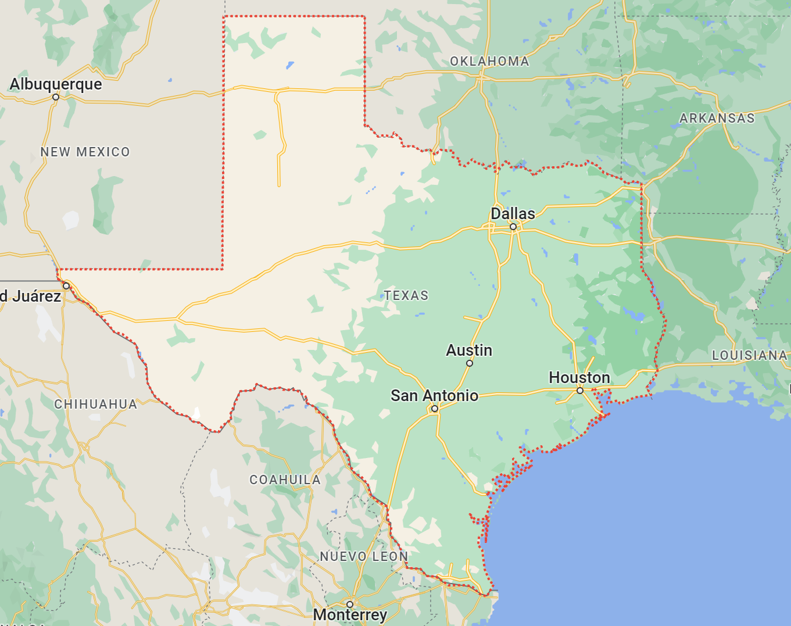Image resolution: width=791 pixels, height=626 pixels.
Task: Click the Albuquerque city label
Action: point(56,84)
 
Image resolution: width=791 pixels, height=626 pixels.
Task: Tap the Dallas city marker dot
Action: point(513,227)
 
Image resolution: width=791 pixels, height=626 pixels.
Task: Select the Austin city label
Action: point(469,350)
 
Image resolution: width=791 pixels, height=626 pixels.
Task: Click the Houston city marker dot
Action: point(579,391)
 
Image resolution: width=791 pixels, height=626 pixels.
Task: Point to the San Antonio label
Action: point(434,396)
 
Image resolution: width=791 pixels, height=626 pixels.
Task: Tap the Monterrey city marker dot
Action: point(350,604)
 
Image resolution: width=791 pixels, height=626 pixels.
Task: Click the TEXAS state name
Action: point(406,296)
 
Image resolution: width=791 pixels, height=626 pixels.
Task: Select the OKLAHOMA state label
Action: point(489,62)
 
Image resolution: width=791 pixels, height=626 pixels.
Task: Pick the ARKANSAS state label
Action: point(717,119)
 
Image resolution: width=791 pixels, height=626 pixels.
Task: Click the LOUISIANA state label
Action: point(750,355)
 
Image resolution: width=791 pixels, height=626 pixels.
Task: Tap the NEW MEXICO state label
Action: point(85,152)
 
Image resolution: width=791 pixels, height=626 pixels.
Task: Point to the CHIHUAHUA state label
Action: point(96,405)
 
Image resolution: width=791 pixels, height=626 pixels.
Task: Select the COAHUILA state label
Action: point(285,480)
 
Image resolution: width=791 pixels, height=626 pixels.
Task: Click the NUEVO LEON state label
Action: point(364,557)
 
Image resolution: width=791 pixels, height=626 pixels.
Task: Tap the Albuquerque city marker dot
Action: point(56,97)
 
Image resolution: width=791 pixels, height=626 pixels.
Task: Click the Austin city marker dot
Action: point(470,363)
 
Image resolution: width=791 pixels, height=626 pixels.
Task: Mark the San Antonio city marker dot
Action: point(434,409)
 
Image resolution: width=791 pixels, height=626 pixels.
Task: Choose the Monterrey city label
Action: point(350,615)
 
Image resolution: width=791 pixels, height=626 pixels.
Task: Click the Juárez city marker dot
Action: point(66,286)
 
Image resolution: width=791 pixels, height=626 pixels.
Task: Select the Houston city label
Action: point(579,378)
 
